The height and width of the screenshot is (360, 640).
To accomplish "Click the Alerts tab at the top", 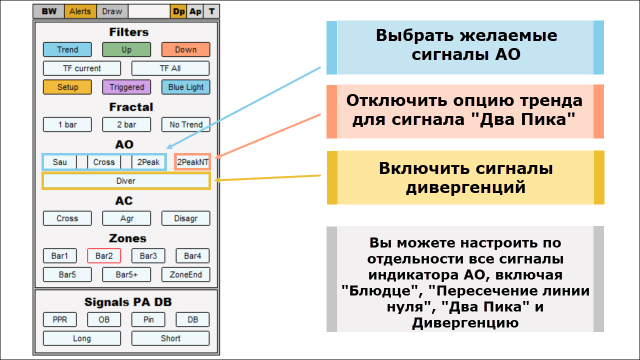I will coord(80,11).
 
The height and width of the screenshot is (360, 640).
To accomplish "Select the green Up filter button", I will coord(126,49).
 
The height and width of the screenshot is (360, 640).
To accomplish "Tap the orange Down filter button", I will coord(185,49).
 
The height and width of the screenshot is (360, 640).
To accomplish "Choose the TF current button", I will coord(82,68).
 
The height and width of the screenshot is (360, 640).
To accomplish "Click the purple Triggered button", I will coord(126,87).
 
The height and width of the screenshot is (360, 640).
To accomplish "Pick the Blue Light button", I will coord(185,87).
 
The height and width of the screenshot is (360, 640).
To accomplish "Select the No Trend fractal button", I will coord(185,124).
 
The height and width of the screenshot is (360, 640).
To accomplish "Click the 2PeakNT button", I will coord(192,162).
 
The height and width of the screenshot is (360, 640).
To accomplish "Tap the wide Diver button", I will coord(126,181).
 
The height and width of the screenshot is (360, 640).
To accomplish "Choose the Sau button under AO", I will coord(59,162).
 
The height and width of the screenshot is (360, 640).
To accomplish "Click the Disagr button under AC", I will coord(185,218).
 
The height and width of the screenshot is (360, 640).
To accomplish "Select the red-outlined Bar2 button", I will coord(104,256).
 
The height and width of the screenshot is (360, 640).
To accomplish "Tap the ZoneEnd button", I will coord(185,274).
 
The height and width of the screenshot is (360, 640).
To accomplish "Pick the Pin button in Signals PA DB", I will coord(148,319).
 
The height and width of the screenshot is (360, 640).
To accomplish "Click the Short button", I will coord(170,338).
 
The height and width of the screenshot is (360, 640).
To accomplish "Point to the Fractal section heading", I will coord(131,107).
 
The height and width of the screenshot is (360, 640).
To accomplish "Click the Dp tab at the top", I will coord(178,11).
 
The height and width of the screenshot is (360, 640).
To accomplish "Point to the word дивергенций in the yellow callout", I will coord(465,187).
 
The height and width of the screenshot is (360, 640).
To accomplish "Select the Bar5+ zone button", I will coord(126,274).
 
